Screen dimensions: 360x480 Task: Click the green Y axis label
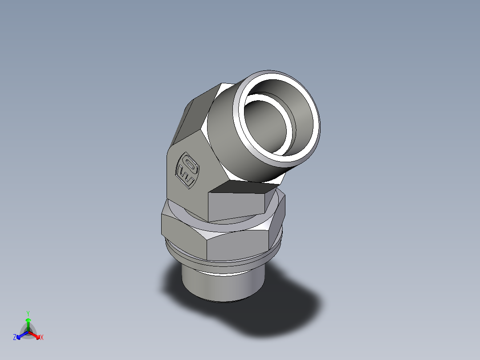click(x=28, y=313)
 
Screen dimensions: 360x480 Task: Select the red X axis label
click(x=42, y=338)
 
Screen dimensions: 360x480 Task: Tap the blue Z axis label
click(x=15, y=338)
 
